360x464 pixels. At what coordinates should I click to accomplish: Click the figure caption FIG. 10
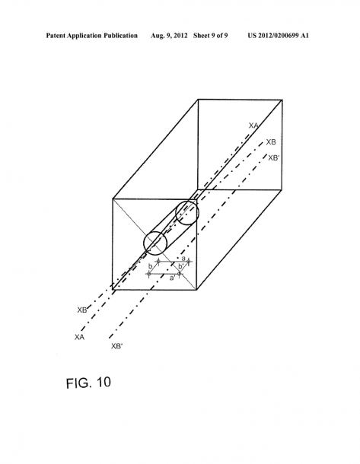88,383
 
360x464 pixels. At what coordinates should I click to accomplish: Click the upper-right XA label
253,126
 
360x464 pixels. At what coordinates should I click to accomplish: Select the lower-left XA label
79,337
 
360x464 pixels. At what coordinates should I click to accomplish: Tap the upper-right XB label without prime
271,142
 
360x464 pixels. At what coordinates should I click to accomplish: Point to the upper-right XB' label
273,157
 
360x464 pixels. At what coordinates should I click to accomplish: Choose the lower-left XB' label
116,346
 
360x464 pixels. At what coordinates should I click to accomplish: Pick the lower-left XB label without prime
82,310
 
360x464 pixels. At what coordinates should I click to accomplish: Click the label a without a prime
183,259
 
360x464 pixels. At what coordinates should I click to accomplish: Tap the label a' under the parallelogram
173,278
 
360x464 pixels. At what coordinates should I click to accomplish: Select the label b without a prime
151,266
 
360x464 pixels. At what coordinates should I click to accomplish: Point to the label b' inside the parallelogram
181,266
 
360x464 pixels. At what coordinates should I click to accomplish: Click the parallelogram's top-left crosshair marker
158,262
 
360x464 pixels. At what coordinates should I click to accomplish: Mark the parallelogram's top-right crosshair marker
189,262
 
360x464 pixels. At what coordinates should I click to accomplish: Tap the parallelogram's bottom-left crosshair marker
149,274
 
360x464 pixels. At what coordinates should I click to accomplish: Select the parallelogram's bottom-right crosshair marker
179,274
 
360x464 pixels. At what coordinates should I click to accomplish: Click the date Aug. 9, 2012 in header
169,36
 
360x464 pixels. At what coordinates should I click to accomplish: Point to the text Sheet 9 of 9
211,36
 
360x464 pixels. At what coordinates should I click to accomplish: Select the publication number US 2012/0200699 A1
278,36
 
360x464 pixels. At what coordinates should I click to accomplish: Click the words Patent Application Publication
92,36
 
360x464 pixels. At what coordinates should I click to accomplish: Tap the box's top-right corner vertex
282,100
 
